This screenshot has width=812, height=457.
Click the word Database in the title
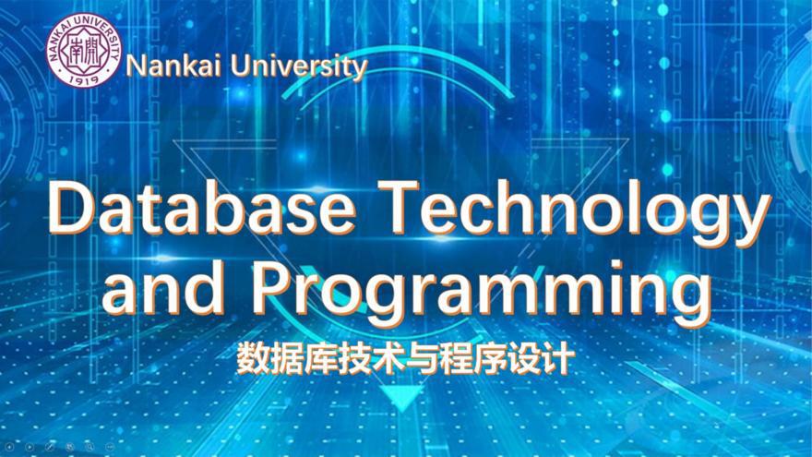click(x=201, y=208)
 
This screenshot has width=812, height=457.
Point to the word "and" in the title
click(x=164, y=286)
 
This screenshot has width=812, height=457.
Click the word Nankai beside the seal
click(x=173, y=66)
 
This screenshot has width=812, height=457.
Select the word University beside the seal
click(x=299, y=67)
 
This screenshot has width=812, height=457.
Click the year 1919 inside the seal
click(x=84, y=78)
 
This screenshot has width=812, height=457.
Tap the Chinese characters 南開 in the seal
click(x=84, y=51)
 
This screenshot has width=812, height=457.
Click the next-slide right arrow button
click(x=30, y=447)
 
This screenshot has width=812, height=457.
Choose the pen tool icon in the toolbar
click(x=50, y=447)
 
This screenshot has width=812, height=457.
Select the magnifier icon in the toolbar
click(x=90, y=447)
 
